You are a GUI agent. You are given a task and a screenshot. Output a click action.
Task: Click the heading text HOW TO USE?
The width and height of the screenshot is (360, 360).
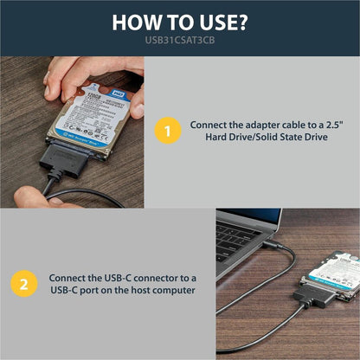point(179,22)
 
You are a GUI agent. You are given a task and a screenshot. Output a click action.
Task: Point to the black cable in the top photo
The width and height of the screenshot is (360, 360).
point(87,195)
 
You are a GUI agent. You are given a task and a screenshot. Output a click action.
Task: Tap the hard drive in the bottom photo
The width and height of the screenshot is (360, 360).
point(332,273)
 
